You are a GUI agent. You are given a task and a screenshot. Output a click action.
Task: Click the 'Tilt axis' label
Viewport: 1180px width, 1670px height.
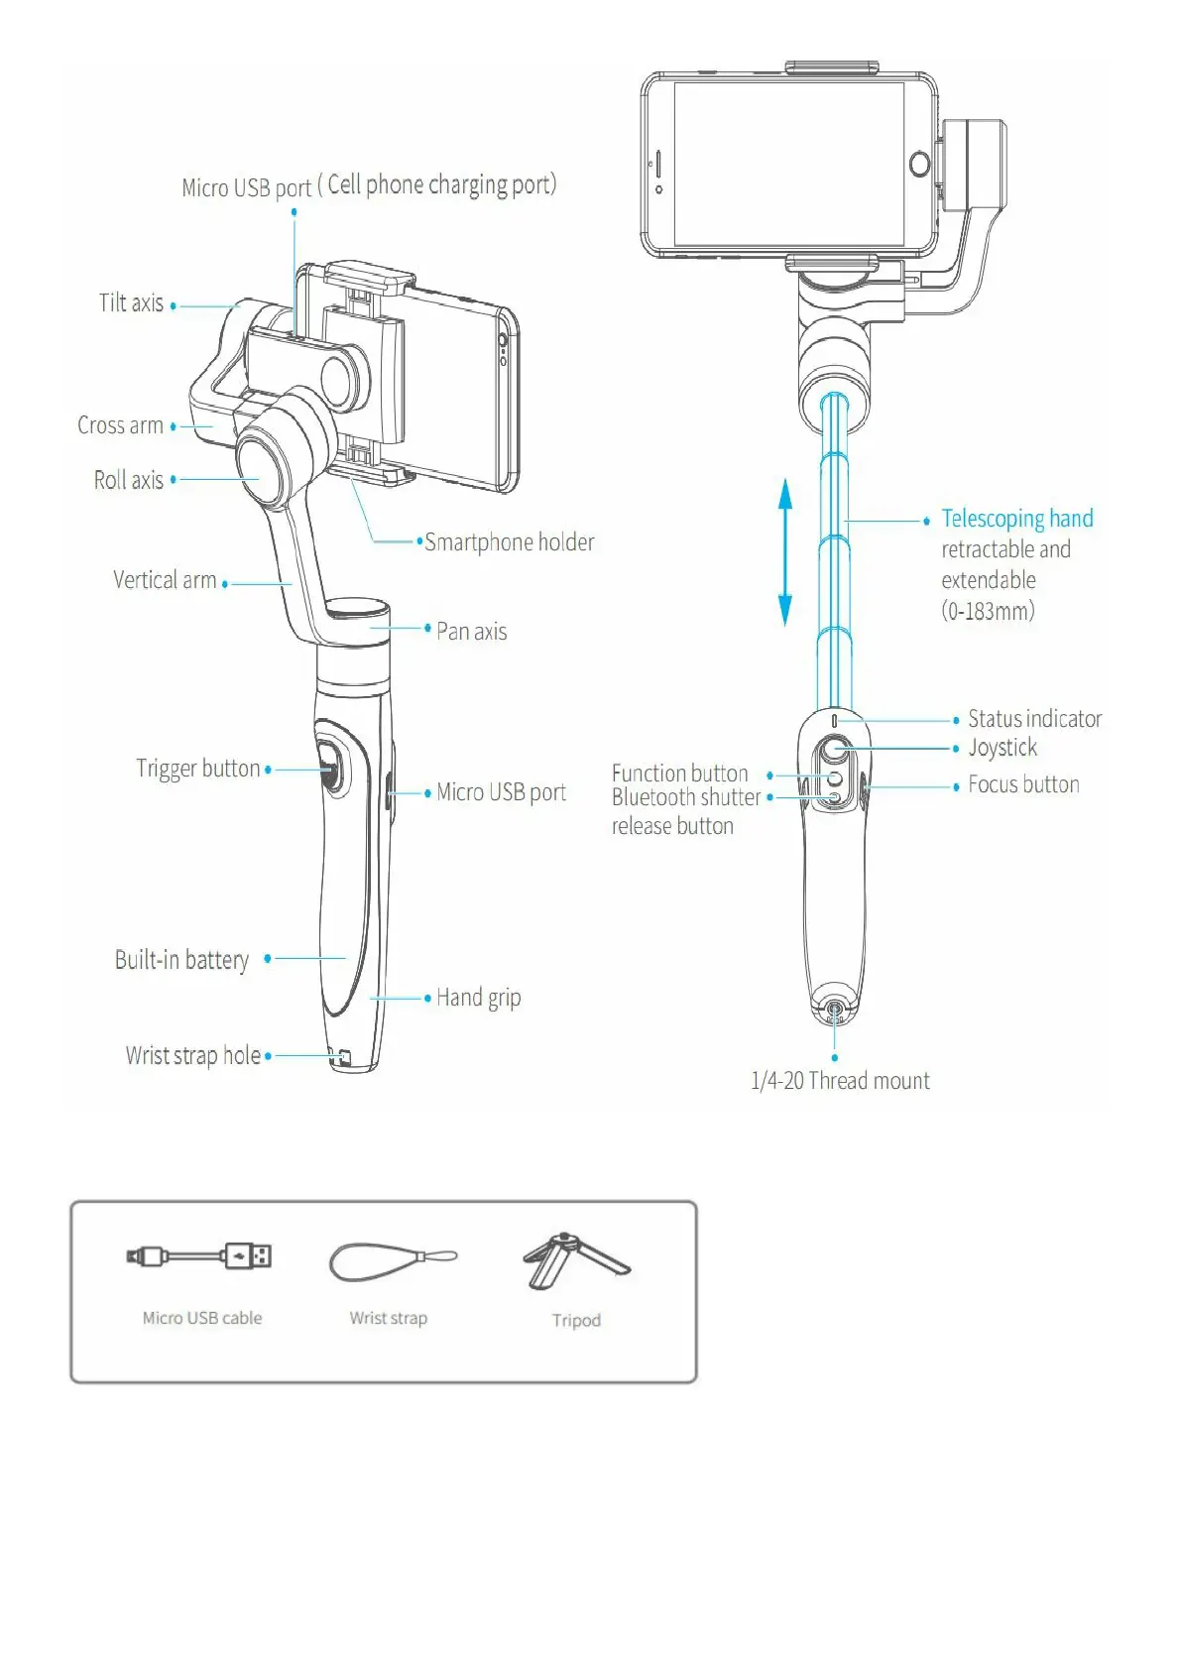[x=131, y=303]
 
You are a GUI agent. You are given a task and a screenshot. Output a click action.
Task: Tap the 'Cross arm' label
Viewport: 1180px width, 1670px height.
[x=120, y=425]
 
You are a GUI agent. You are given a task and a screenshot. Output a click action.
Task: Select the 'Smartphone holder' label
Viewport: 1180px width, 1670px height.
[x=510, y=542]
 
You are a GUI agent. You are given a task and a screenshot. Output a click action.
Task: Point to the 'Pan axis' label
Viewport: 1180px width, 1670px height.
[x=472, y=632]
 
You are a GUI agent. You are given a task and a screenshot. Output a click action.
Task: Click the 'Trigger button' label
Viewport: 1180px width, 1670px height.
[x=198, y=769]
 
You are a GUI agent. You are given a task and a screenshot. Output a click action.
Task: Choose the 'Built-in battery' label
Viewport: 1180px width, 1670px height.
[x=181, y=960]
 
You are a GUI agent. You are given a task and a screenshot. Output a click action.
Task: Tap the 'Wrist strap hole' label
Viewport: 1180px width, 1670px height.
[x=193, y=1055]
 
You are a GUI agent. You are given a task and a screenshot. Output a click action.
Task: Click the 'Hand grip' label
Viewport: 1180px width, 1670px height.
[x=479, y=998]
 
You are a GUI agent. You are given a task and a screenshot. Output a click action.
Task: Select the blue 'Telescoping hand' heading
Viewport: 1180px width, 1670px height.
[x=1017, y=519]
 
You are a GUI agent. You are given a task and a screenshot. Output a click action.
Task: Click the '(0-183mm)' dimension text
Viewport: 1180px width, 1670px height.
[x=988, y=611]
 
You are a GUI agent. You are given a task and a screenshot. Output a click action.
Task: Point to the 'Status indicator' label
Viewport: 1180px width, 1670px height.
[x=1034, y=719]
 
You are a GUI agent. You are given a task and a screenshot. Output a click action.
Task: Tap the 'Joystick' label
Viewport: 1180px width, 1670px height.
[x=1003, y=748]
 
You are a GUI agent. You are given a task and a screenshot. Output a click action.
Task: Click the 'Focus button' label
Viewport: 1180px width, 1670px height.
[x=1023, y=784]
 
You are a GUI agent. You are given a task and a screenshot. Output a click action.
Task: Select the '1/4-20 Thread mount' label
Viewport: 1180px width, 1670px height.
[x=840, y=1081]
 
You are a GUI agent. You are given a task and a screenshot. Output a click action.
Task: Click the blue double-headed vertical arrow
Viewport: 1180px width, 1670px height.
[x=785, y=551]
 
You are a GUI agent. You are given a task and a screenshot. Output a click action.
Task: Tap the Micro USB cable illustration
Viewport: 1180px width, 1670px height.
[x=199, y=1256]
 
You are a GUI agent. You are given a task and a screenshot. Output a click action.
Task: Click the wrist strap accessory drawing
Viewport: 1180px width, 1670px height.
[x=392, y=1261]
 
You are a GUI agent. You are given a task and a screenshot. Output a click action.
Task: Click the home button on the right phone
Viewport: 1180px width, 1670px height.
[x=920, y=164]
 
